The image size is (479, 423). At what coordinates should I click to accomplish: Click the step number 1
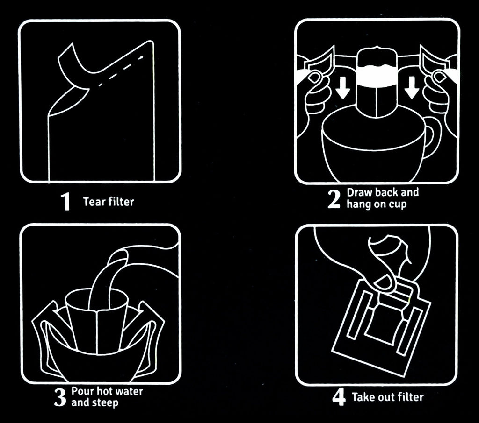coord(65,201)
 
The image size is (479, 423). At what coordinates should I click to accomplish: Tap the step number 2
coord(334,199)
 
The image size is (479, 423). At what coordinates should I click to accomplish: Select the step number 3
coord(60,397)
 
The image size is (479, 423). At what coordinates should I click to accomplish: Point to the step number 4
coord(339,397)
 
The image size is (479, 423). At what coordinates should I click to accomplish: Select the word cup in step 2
coord(398,205)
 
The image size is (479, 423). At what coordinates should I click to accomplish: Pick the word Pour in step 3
coord(81,391)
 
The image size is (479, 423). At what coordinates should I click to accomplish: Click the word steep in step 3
coord(105,403)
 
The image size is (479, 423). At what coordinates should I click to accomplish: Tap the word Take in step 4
coord(363,397)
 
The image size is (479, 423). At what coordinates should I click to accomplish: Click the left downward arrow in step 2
coord(342,87)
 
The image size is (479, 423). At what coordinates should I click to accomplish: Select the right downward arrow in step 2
coord(412,87)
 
